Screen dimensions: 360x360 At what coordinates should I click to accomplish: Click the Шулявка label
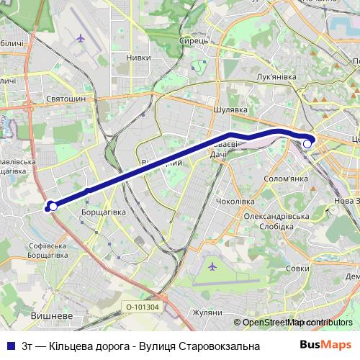tap(231, 110)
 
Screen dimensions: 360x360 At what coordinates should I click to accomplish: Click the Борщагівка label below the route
tap(103, 212)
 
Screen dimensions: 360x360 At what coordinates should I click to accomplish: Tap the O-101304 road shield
tap(142, 307)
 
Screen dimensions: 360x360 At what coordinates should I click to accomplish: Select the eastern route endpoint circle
tap(307, 144)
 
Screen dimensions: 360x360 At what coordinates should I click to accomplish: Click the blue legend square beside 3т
tap(12, 346)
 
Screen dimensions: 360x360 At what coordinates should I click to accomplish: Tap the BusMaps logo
tap(325, 346)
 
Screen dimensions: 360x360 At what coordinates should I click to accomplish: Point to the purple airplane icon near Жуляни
tap(212, 267)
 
